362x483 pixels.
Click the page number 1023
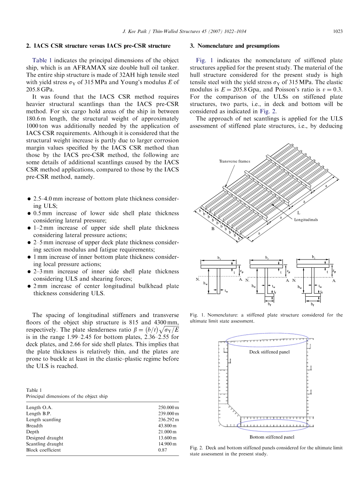pos(337,31)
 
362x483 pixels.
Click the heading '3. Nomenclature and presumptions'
pos(234,46)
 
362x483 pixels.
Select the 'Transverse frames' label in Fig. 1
pos(234,161)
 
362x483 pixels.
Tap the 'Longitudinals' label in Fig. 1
pos(306,220)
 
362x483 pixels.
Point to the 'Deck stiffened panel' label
pos(269,352)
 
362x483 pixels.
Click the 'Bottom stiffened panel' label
pos(272,437)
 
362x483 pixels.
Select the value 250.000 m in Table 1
pos(169,407)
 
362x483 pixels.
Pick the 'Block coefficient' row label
pos(43,450)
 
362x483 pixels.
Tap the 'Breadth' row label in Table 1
pos(34,425)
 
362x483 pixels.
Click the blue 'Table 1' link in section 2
pos(41,60)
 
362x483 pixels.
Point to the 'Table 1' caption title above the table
pos(32,390)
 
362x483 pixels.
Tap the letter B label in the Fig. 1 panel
pos(213,229)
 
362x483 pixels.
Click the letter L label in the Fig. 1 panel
pos(299,213)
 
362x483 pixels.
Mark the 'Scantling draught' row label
pos(45,444)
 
